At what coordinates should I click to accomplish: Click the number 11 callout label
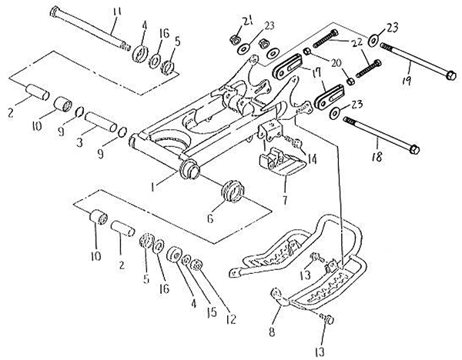click(x=117, y=12)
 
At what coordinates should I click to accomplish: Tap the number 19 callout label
click(x=407, y=79)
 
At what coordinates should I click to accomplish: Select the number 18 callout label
click(x=377, y=157)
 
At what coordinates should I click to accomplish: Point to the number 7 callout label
click(x=285, y=199)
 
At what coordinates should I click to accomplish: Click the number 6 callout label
click(x=209, y=218)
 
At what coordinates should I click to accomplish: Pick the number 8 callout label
click(x=272, y=332)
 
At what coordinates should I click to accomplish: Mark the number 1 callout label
click(x=152, y=187)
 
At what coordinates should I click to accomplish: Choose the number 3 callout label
click(x=79, y=143)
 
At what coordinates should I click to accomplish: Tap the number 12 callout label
click(x=231, y=318)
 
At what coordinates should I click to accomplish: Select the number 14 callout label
click(x=312, y=159)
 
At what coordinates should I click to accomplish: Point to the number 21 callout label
click(x=247, y=22)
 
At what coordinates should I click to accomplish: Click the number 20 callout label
click(x=336, y=63)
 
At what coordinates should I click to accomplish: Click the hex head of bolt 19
click(x=450, y=75)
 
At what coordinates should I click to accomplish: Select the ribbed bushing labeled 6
click(x=233, y=192)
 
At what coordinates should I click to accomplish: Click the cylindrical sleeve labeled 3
click(x=100, y=122)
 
